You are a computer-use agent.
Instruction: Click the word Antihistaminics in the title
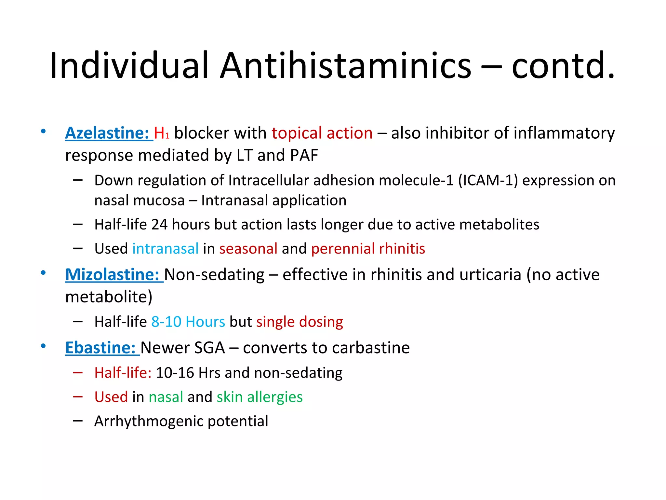click(345, 66)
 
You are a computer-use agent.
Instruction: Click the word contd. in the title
click(563, 66)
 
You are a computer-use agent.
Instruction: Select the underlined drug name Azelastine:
click(107, 133)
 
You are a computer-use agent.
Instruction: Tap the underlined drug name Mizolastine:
click(113, 275)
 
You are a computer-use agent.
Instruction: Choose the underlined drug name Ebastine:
click(100, 348)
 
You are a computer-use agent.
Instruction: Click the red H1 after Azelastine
click(161, 133)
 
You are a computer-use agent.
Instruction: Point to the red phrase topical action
click(322, 133)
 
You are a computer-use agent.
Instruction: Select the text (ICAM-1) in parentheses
click(488, 180)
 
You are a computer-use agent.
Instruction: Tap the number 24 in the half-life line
click(159, 225)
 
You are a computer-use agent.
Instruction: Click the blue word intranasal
click(165, 249)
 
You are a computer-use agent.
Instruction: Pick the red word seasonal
click(248, 249)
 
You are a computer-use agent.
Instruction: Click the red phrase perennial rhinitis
click(368, 249)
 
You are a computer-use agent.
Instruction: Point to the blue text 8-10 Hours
click(188, 322)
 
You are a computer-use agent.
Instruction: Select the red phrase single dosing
click(300, 322)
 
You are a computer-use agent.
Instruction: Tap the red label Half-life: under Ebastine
click(123, 373)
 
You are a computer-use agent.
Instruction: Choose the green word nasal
click(166, 397)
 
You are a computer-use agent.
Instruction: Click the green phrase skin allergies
click(260, 397)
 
